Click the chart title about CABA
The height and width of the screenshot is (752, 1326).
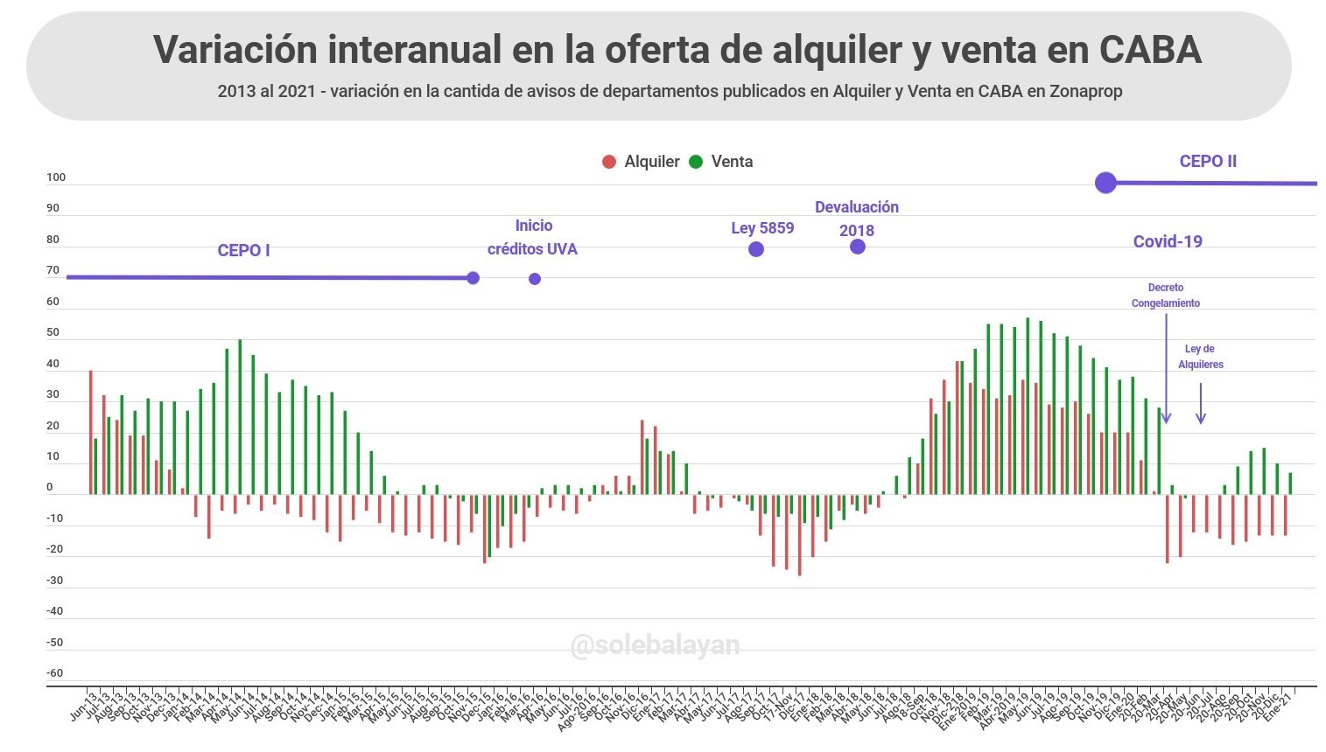tap(677, 49)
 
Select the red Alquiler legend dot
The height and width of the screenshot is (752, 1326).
tap(609, 162)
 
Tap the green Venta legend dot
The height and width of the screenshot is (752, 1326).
tap(696, 162)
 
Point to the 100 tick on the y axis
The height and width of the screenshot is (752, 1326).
tap(56, 178)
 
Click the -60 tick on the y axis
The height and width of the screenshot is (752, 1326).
tap(55, 673)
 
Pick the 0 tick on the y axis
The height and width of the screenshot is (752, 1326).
tap(50, 487)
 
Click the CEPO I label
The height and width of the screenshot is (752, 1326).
tap(243, 251)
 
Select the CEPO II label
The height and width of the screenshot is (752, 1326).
tap(1208, 161)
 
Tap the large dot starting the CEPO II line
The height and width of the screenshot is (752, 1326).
tap(1105, 183)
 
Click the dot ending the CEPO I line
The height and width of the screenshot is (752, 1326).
tap(473, 278)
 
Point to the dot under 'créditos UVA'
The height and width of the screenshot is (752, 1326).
tap(535, 279)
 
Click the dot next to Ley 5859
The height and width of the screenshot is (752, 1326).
tap(756, 249)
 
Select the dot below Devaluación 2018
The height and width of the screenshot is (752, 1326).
tap(858, 247)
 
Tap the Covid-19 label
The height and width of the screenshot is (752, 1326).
tap(1168, 241)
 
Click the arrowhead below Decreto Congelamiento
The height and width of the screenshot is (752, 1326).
tap(1166, 419)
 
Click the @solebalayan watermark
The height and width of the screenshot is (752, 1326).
tap(655, 645)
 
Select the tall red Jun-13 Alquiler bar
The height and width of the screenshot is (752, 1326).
tap(90, 432)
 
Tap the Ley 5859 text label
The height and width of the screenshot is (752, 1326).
tap(762, 228)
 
